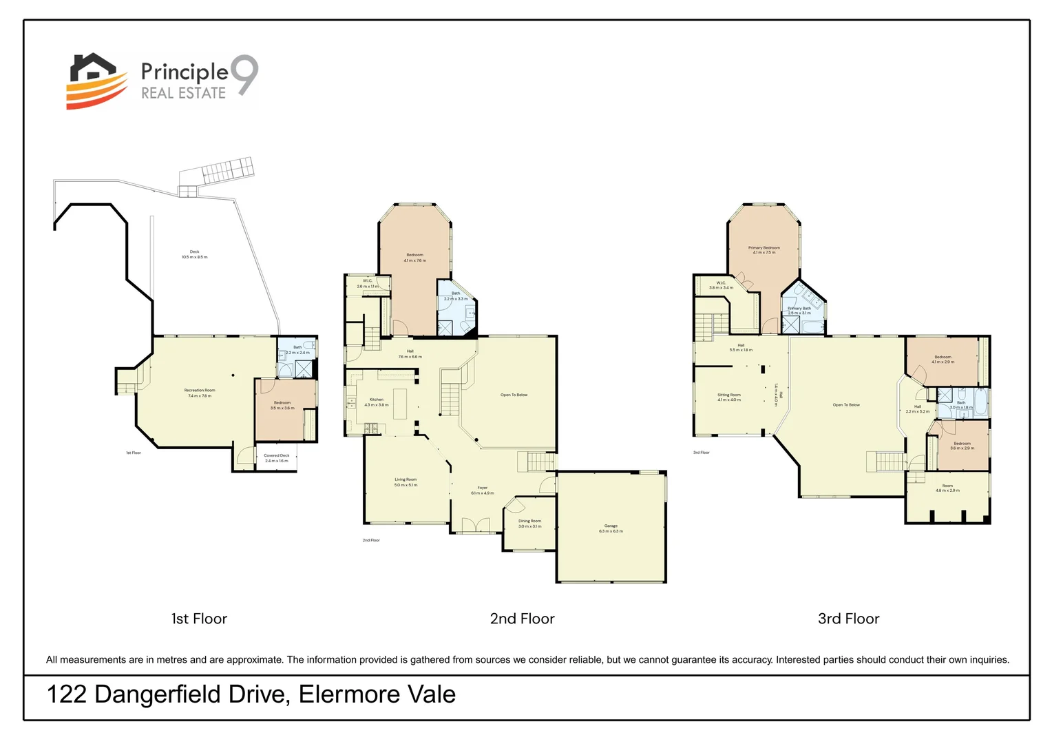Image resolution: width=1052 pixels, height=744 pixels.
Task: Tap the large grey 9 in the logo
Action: click(244, 75)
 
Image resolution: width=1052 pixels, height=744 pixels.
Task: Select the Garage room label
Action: click(611, 526)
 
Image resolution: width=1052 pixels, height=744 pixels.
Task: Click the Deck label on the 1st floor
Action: click(194, 252)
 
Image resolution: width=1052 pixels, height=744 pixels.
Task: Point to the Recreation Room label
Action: click(200, 391)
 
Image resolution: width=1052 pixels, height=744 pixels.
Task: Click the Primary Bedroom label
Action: click(764, 248)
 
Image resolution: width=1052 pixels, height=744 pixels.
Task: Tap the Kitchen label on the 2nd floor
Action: click(376, 400)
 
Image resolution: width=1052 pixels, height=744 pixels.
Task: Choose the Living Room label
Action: click(406, 479)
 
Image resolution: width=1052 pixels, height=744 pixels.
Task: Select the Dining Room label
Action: click(529, 521)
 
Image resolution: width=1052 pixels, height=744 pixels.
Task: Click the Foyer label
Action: click(482, 488)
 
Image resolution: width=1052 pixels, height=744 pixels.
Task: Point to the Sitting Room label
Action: click(728, 395)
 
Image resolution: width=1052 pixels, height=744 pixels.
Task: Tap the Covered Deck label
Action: click(276, 455)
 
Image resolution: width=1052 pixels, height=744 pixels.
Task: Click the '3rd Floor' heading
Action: click(848, 619)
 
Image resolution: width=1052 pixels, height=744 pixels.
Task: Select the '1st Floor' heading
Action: click(199, 619)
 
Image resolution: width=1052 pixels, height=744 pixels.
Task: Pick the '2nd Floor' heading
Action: click(522, 619)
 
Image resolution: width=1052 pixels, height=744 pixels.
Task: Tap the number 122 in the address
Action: click(67, 694)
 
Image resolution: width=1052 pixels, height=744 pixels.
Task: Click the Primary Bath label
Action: click(799, 309)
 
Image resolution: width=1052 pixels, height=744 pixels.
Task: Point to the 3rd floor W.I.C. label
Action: click(721, 283)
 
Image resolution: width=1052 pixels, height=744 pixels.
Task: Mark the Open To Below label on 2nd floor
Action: click(514, 395)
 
